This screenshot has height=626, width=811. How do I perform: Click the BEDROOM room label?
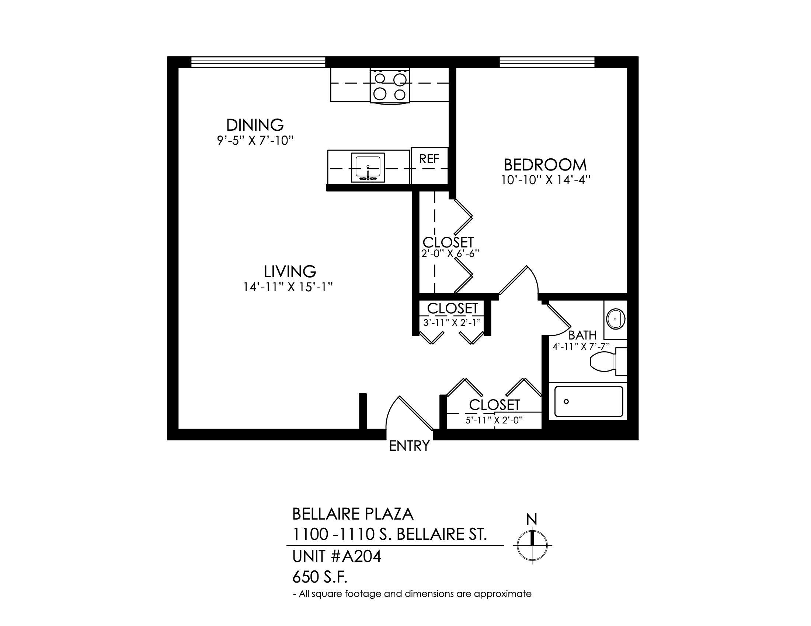click(x=545, y=165)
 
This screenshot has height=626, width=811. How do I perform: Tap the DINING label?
click(x=255, y=125)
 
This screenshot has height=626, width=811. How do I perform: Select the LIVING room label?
click(x=290, y=271)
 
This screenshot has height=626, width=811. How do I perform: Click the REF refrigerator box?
click(x=429, y=165)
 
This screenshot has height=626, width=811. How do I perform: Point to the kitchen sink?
click(x=368, y=168)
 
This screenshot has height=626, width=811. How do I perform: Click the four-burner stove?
click(x=390, y=86)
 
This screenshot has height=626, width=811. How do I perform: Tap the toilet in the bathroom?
click(x=609, y=362)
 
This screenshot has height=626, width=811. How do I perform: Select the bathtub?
click(x=589, y=402)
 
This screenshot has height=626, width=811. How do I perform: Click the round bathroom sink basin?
click(x=616, y=319)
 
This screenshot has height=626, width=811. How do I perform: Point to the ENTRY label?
click(x=409, y=446)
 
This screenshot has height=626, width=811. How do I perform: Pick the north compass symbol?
click(x=533, y=545)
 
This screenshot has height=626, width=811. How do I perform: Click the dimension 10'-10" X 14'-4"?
click(x=546, y=180)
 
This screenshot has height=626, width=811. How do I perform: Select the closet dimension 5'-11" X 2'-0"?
click(x=494, y=420)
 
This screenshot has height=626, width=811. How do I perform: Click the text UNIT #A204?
click(x=337, y=556)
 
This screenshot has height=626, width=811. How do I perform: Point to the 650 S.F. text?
click(x=320, y=577)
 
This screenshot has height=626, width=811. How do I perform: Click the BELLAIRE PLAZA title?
click(x=353, y=514)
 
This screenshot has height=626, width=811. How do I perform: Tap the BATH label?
click(x=582, y=335)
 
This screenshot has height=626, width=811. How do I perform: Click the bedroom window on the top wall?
click(x=547, y=62)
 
